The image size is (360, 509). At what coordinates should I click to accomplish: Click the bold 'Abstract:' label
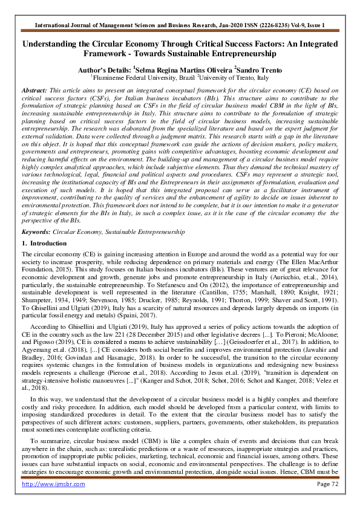click(35, 89)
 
